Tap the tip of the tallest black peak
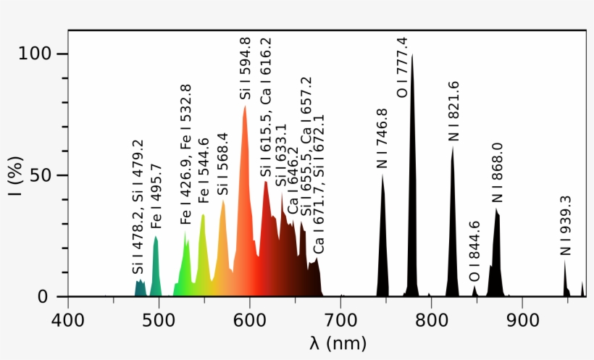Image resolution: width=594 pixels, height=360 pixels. (412, 56)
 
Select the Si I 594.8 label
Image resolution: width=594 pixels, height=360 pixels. (246, 69)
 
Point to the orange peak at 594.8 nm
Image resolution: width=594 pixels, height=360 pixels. (245, 109)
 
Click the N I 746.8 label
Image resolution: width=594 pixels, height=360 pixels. (382, 139)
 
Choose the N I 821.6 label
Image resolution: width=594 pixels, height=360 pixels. (453, 111)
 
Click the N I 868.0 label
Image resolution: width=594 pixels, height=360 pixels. (498, 172)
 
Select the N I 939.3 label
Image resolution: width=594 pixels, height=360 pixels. (566, 225)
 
